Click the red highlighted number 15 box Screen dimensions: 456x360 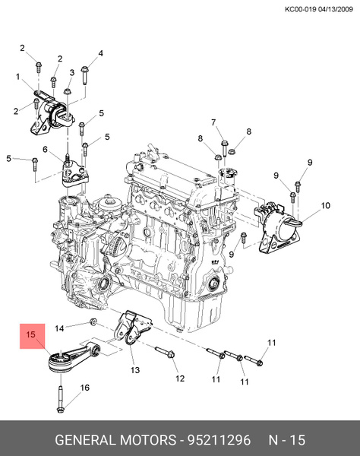click(x=31, y=334)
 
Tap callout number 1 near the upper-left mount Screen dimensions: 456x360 click(x=17, y=77)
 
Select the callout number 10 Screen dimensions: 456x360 click(x=325, y=206)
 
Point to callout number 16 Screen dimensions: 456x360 click(x=84, y=388)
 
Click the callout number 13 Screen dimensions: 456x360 click(x=135, y=370)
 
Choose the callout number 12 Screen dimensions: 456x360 click(x=180, y=378)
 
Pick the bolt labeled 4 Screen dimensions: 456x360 click(x=83, y=76)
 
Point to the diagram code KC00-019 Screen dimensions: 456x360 click(x=300, y=9)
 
